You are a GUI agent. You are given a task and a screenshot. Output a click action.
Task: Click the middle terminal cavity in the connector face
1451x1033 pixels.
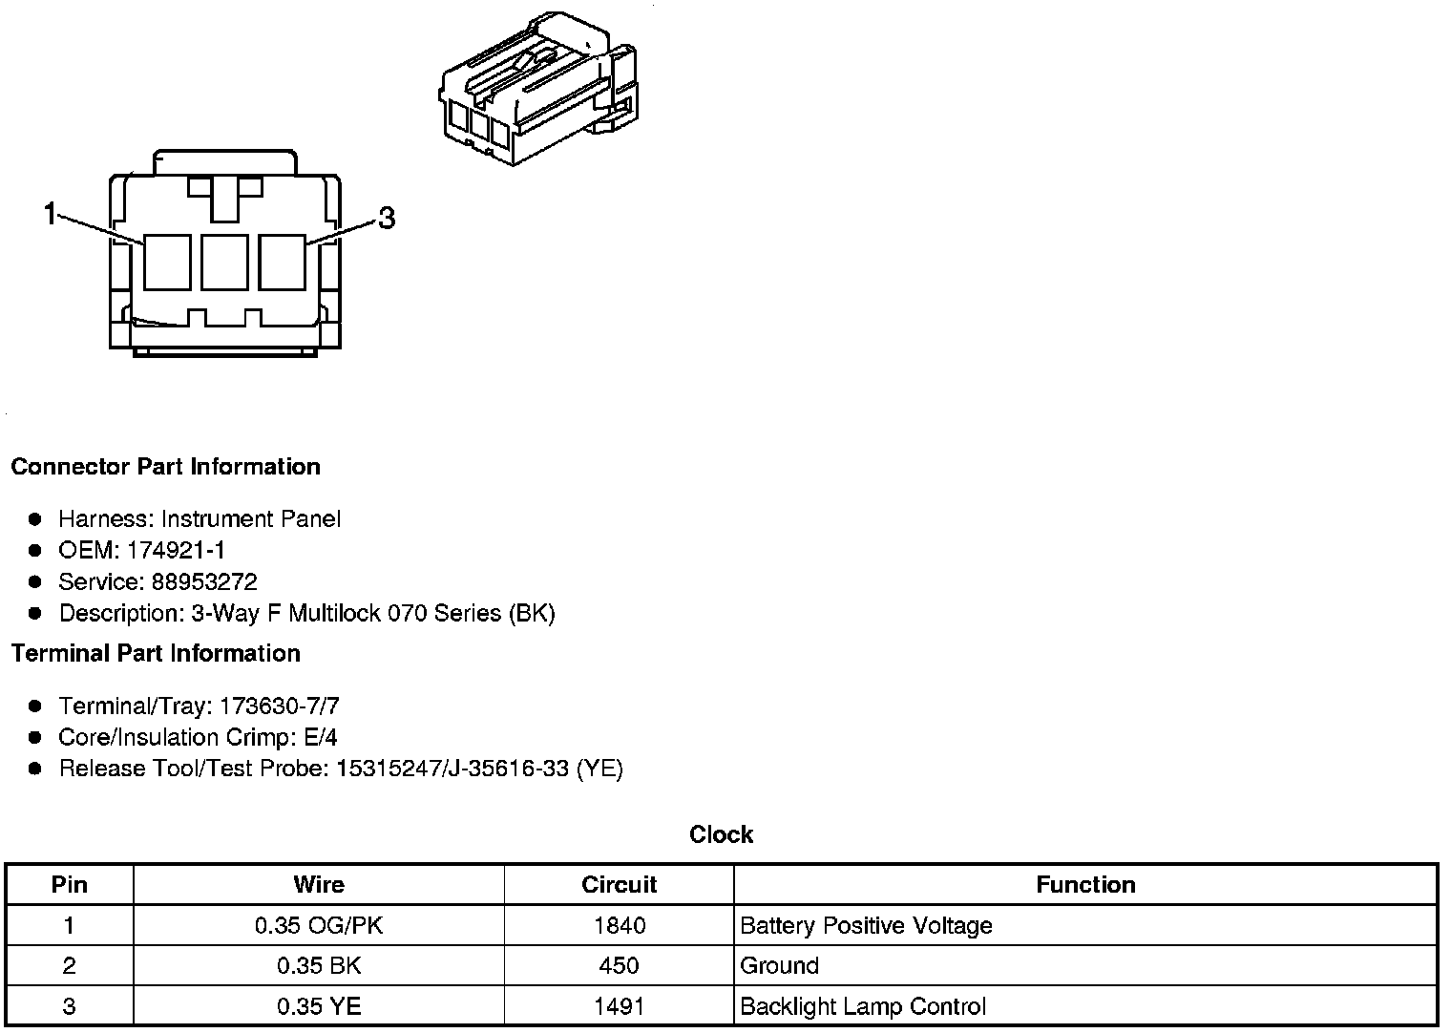click(x=224, y=262)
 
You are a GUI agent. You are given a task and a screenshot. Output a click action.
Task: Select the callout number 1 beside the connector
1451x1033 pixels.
click(x=51, y=214)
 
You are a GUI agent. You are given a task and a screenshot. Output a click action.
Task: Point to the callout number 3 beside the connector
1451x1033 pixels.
click(x=387, y=219)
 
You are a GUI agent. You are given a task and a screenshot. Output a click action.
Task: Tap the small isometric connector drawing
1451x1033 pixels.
click(x=536, y=88)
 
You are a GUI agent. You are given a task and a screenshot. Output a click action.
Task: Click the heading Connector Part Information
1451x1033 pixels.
click(x=165, y=467)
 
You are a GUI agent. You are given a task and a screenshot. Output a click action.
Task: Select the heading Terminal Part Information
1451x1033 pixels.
click(x=156, y=653)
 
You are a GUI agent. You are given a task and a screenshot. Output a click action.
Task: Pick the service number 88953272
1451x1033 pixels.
click(x=204, y=581)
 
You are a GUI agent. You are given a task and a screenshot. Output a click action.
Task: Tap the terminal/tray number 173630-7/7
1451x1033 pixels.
click(x=280, y=706)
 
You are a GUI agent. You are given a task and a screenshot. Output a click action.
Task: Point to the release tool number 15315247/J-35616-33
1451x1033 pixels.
click(x=452, y=769)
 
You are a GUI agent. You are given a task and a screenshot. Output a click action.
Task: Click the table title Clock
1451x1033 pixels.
click(x=721, y=834)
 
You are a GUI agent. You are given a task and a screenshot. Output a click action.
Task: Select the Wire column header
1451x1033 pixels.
click(x=319, y=884)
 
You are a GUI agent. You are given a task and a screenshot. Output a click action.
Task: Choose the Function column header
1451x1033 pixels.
click(x=1085, y=884)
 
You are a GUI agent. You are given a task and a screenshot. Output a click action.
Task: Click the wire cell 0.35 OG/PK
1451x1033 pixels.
click(x=319, y=925)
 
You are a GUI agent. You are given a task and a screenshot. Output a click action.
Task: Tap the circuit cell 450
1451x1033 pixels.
click(x=619, y=965)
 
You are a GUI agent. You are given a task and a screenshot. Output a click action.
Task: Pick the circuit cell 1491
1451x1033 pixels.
click(x=619, y=1006)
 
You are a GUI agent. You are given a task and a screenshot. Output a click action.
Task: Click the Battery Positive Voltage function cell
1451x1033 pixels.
click(x=866, y=925)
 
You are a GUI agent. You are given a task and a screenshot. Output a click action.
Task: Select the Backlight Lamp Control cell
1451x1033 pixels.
click(x=863, y=1006)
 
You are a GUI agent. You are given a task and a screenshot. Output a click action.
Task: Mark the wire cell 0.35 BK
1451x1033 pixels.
click(x=319, y=965)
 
